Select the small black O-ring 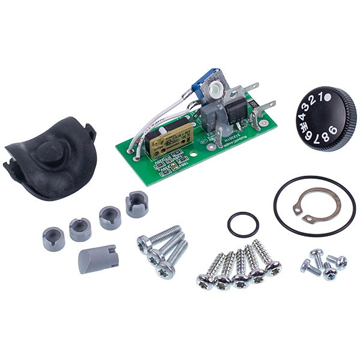(x=244, y=224)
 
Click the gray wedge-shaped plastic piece (x=98, y=258)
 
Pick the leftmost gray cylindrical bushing (x=53, y=238)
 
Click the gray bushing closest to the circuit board (x=137, y=204)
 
